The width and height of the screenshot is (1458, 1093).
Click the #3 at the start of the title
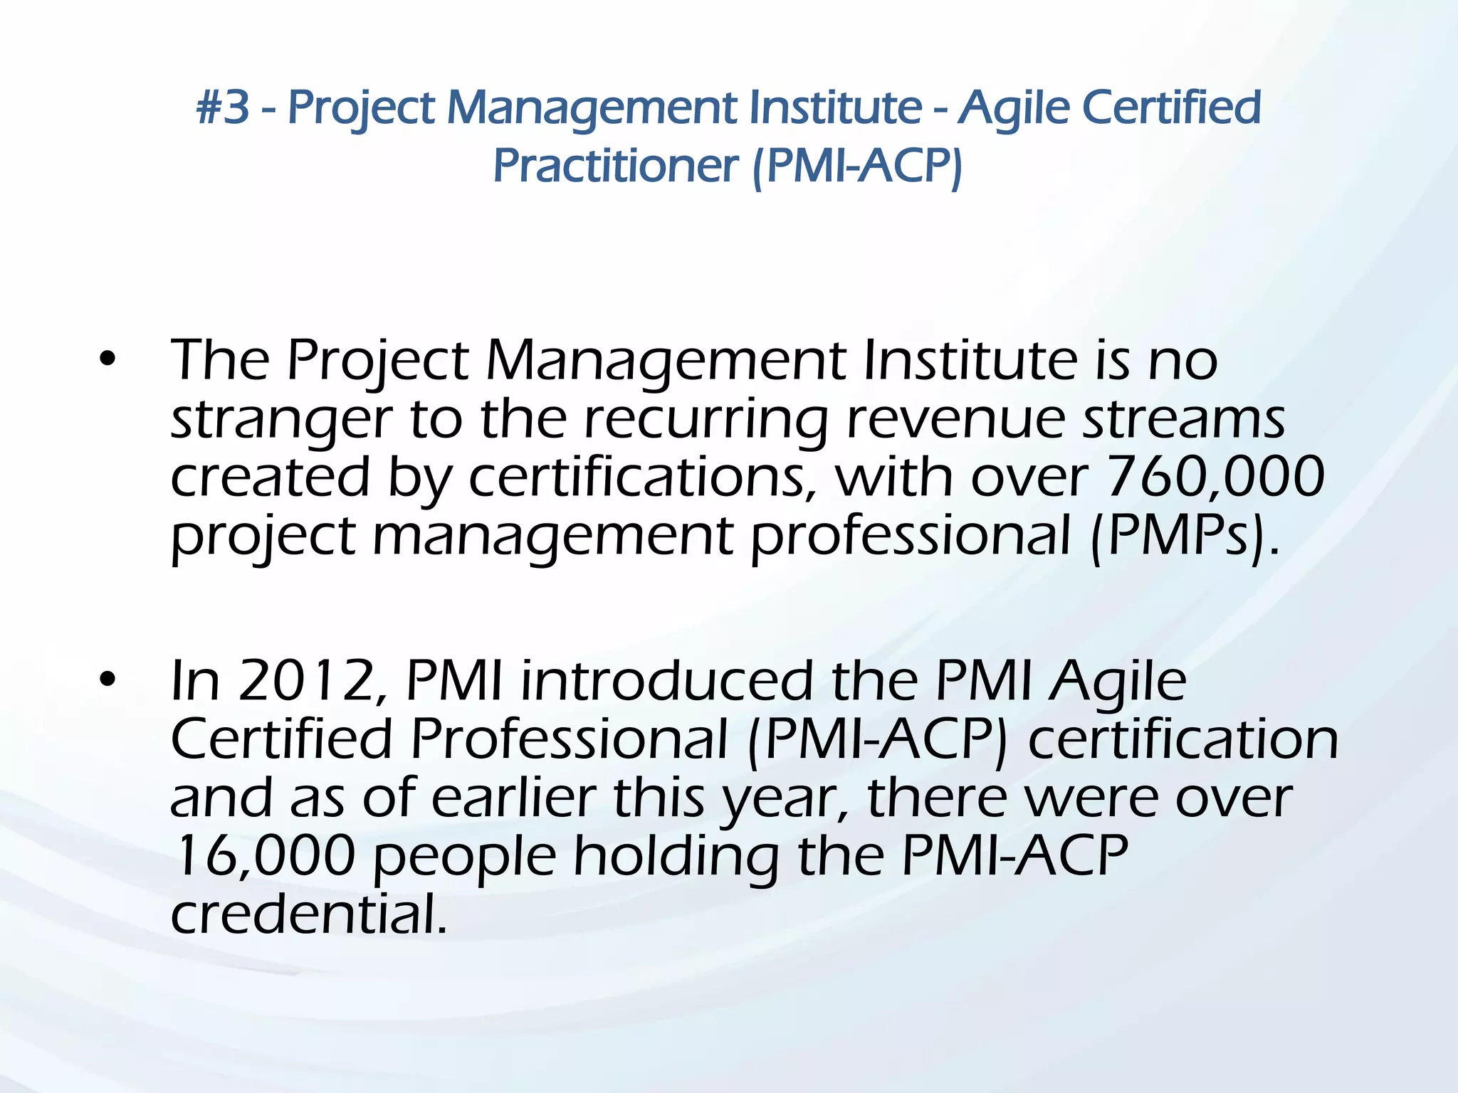223,107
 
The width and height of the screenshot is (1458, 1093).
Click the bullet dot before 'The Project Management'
107,360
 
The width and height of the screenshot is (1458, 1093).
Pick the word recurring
706,420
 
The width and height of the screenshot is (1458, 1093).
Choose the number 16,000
263,856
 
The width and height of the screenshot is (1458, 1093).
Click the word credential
309,914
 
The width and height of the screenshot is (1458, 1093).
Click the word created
271,477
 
